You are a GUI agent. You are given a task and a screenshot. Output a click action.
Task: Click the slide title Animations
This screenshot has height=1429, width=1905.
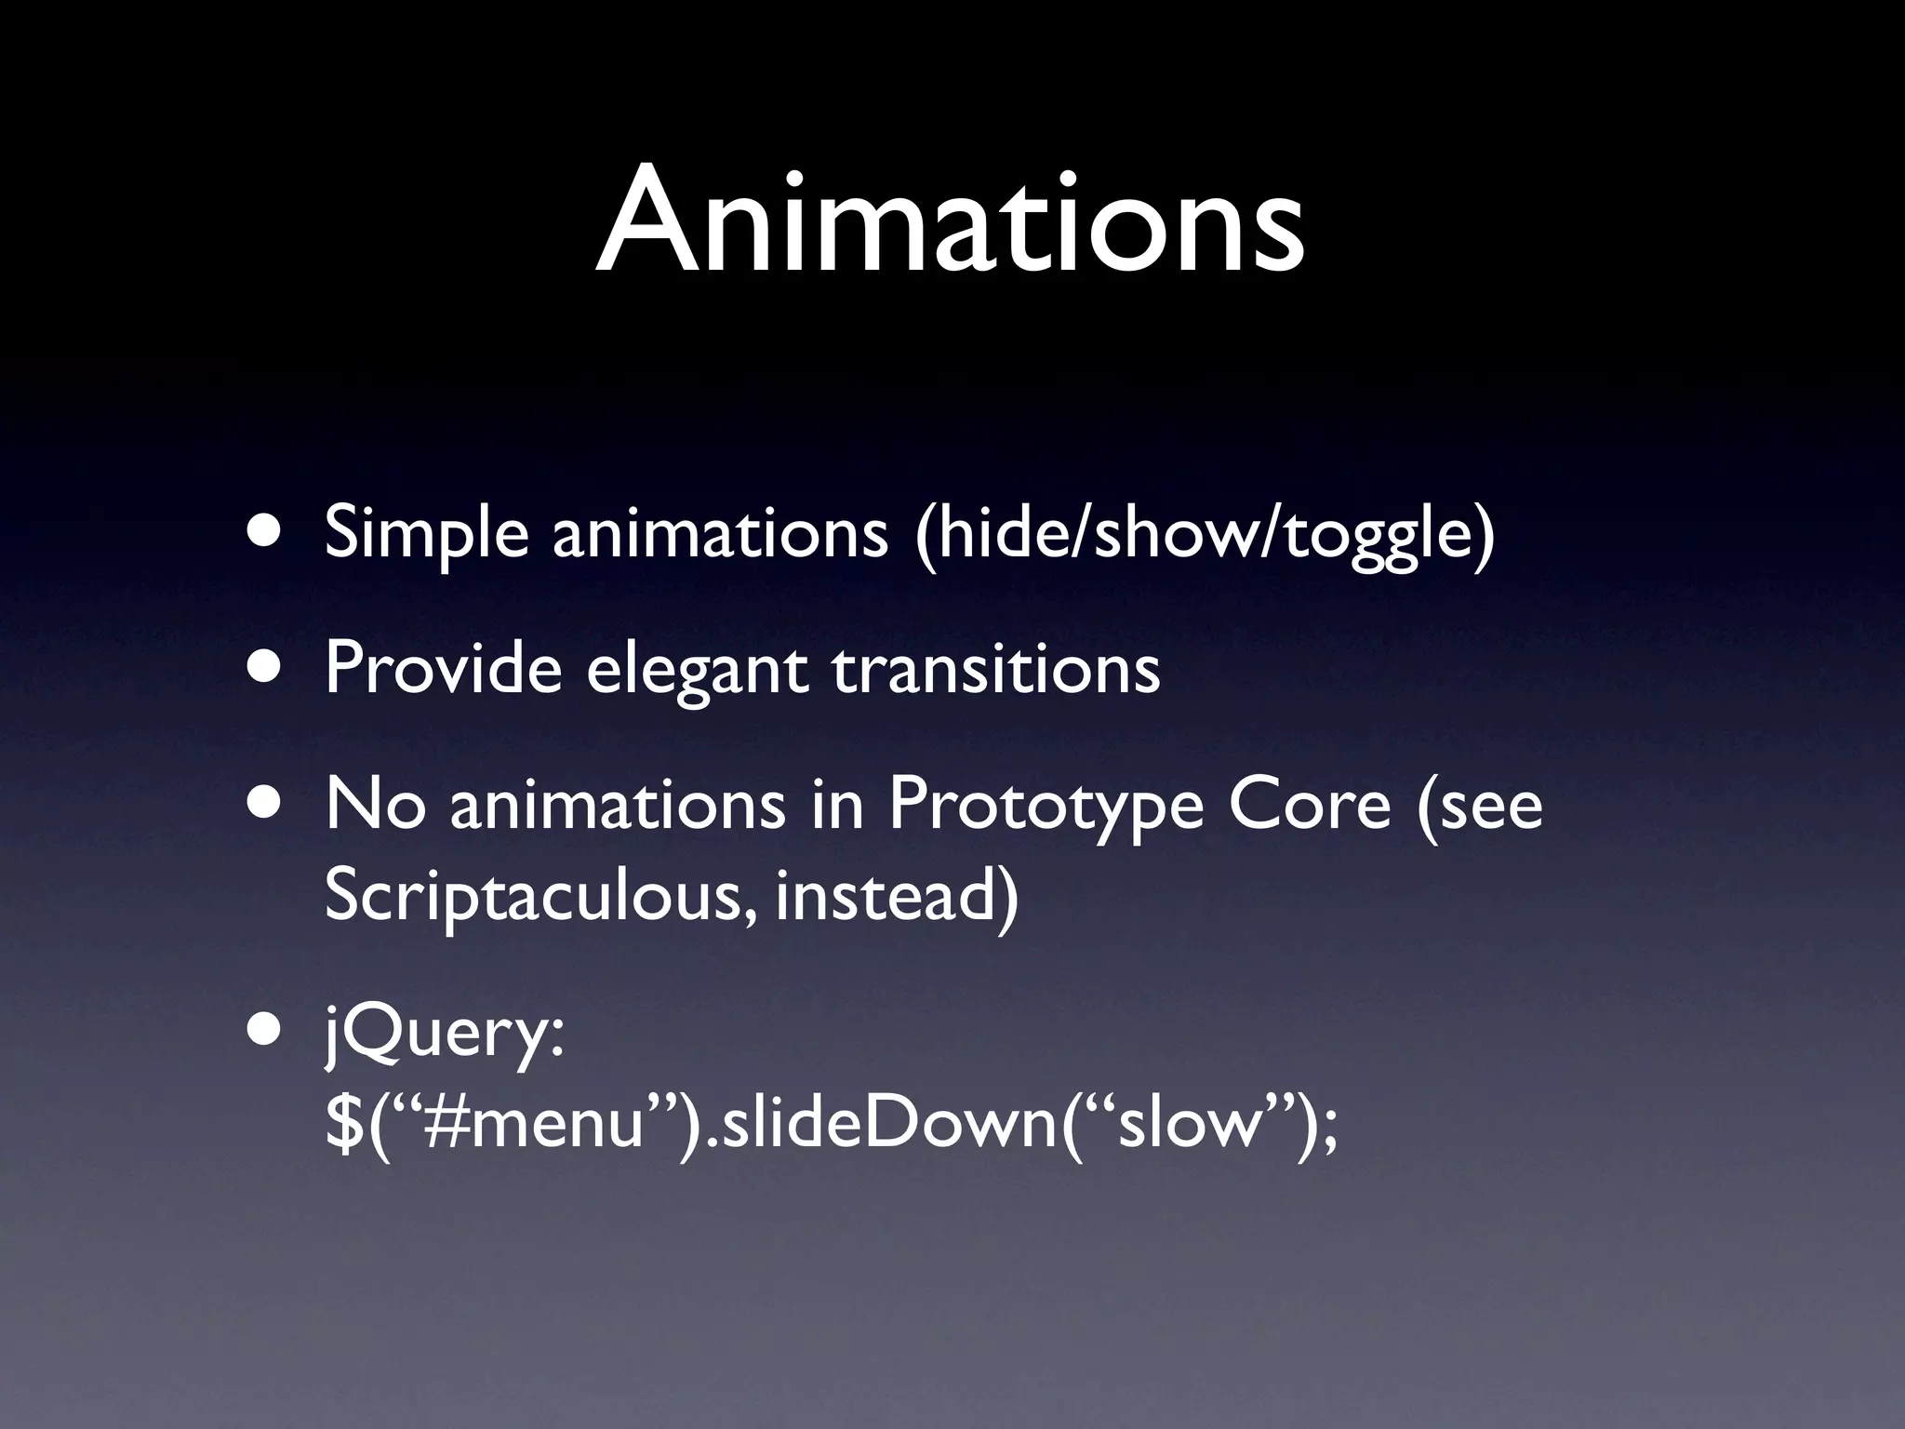click(x=951, y=223)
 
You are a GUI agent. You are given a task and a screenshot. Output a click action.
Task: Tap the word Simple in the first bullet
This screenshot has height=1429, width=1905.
click(x=426, y=534)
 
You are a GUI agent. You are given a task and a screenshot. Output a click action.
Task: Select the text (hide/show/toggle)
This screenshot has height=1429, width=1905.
click(x=1205, y=534)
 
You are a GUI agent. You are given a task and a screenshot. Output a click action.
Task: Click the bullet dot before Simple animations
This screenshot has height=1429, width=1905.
click(x=267, y=535)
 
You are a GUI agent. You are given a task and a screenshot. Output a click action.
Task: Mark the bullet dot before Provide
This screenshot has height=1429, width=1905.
click(x=267, y=669)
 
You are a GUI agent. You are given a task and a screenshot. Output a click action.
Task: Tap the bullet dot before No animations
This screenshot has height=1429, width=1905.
click(x=267, y=805)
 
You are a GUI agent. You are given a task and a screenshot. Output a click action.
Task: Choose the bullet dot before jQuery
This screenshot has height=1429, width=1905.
click(x=267, y=1032)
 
